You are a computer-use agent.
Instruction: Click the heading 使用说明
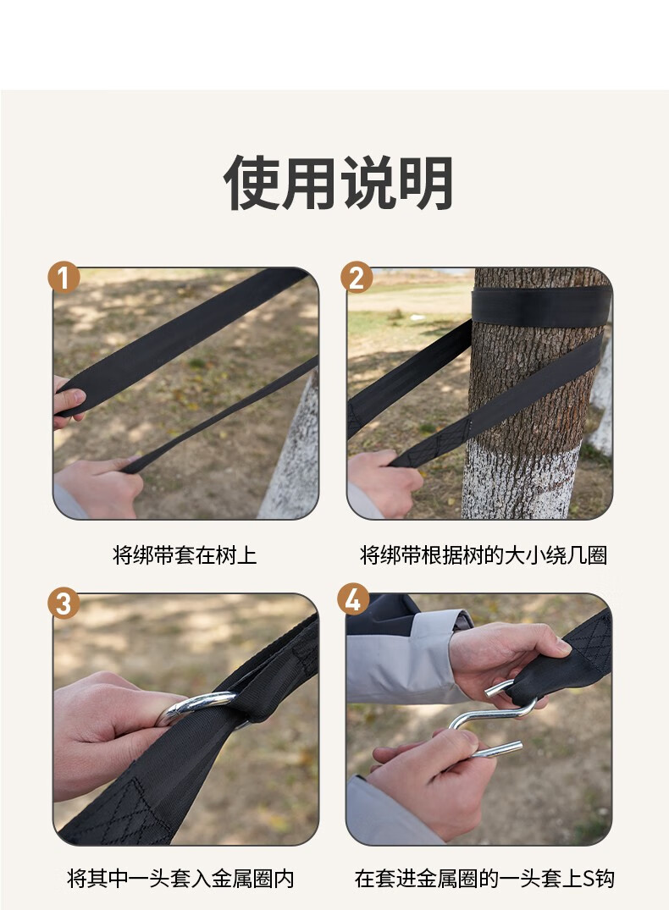click(x=338, y=183)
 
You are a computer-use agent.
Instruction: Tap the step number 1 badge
click(x=64, y=278)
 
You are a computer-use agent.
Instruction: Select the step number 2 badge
click(x=357, y=277)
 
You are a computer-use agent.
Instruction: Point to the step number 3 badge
click(x=64, y=603)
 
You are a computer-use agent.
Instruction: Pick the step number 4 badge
click(x=353, y=599)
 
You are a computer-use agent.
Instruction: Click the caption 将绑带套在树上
click(x=185, y=554)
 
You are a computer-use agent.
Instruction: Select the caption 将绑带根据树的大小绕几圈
click(x=484, y=554)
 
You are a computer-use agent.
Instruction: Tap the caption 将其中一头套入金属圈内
click(x=180, y=878)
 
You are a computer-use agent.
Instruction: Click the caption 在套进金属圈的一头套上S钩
click(x=484, y=878)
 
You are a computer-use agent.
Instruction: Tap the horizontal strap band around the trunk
click(x=541, y=306)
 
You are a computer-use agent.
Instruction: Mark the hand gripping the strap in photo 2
click(x=384, y=481)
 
